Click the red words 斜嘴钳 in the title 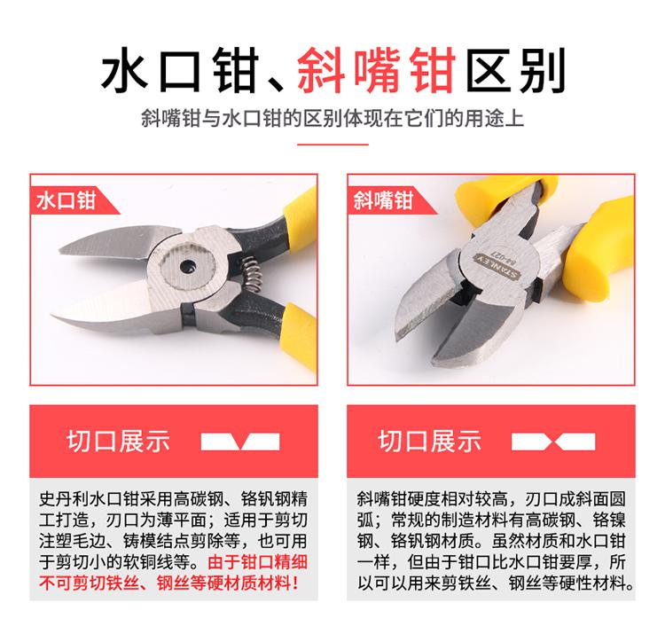[377, 70]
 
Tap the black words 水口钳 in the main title [180, 70]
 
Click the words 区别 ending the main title [516, 70]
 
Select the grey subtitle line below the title [332, 118]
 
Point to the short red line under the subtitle [332, 145]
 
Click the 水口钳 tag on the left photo [66, 200]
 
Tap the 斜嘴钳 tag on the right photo [383, 200]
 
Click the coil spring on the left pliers [252, 274]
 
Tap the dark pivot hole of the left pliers [187, 267]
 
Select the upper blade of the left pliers [119, 242]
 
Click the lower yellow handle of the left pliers [301, 335]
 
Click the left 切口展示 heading [118, 441]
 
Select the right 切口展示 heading [430, 441]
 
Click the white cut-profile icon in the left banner [240, 442]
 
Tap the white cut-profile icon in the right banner [553, 442]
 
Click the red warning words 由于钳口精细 [257, 562]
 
